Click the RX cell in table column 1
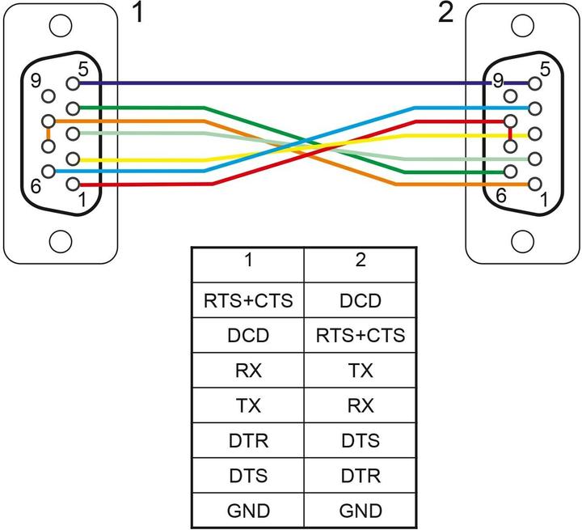[248, 371]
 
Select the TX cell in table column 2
[360, 371]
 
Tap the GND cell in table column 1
[248, 511]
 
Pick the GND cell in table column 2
[360, 511]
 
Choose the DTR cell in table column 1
[248, 441]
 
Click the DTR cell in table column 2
[360, 477]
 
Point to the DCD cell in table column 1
[248, 335]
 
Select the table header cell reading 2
[360, 261]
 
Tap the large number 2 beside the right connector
[445, 15]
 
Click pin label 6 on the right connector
[500, 195]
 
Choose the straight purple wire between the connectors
[283, 83]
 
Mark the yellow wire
[162, 159]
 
